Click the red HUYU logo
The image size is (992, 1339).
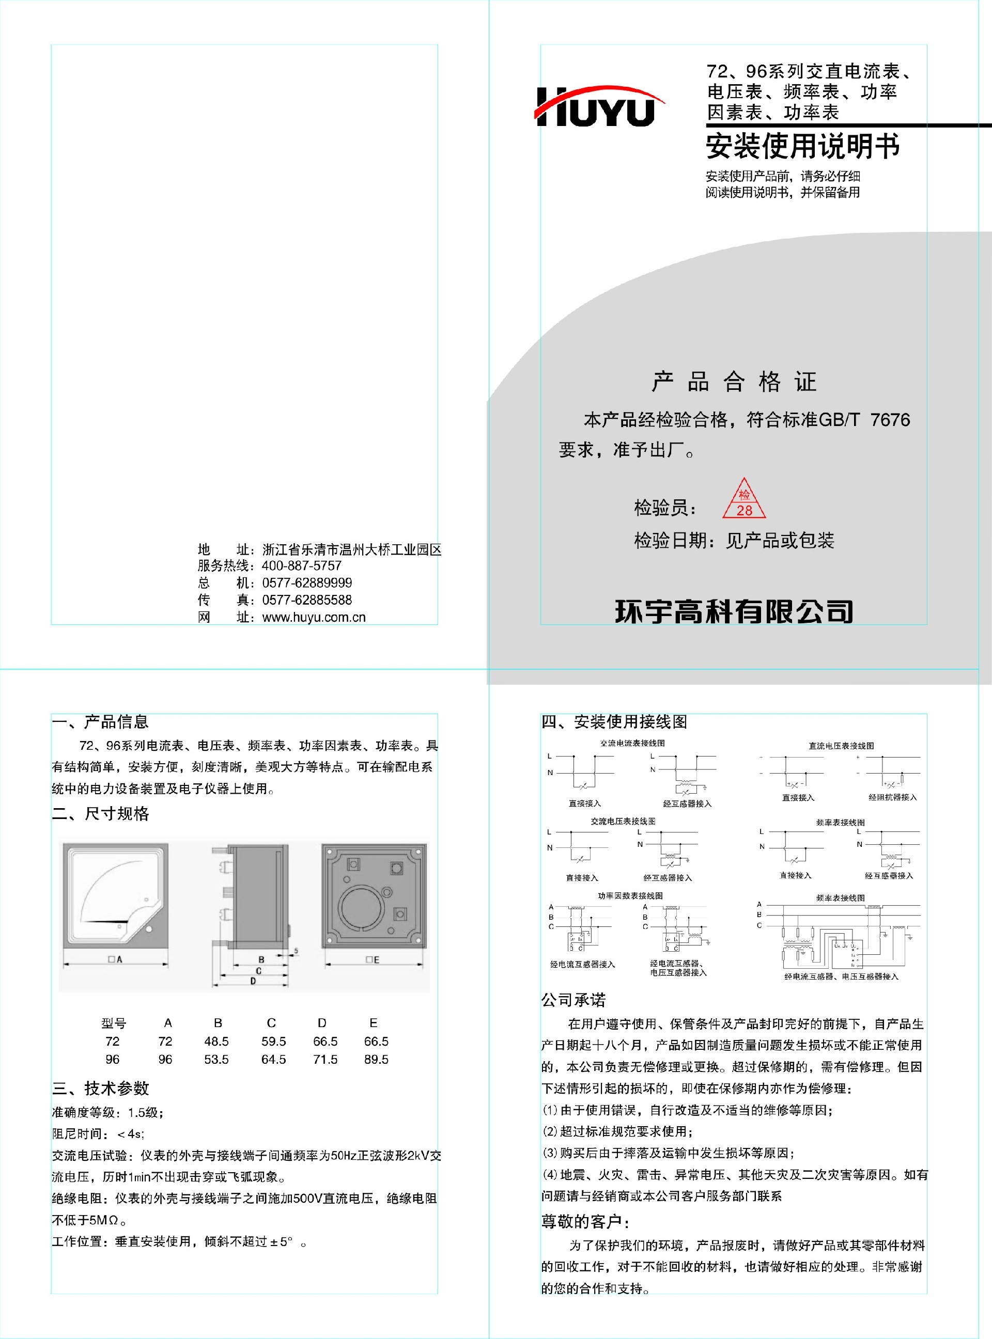(x=599, y=106)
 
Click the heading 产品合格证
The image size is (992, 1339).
(x=734, y=382)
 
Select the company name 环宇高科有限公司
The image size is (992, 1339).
(x=734, y=611)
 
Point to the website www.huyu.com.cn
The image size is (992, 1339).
(x=314, y=618)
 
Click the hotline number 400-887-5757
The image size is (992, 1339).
(x=301, y=566)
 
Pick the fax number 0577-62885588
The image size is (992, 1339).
(x=307, y=600)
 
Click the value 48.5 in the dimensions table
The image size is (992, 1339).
(x=216, y=1042)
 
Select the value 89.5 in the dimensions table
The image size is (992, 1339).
(x=376, y=1059)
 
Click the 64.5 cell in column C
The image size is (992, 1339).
(x=273, y=1059)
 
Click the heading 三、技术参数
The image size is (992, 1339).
(x=100, y=1088)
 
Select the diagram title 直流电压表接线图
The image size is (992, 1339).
(x=841, y=746)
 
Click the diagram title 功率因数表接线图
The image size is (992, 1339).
(x=630, y=896)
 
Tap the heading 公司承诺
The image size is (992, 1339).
(x=574, y=1000)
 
